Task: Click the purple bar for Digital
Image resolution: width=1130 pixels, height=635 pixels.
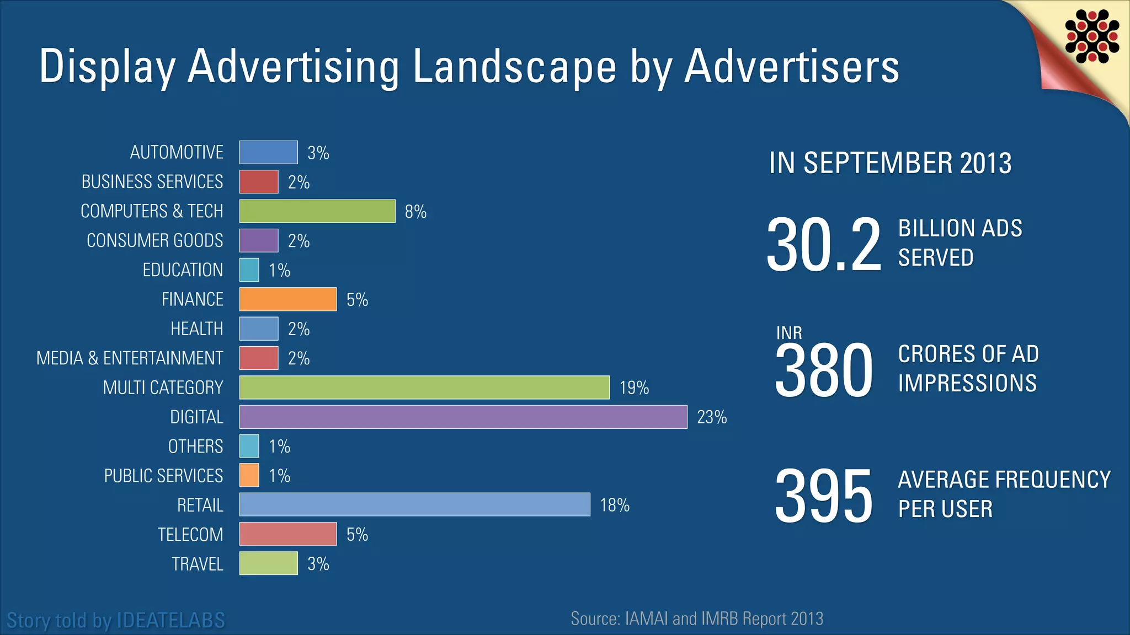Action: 463,417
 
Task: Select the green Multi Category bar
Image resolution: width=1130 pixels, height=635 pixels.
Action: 424,388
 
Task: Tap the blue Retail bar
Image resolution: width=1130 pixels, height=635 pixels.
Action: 415,505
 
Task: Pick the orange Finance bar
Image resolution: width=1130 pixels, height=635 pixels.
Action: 288,299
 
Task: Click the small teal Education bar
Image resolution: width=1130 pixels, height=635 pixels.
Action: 249,270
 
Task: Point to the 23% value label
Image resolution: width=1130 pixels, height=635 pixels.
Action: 712,417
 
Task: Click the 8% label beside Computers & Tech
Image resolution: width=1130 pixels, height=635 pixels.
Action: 415,212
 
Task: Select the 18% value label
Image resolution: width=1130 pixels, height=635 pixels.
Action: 615,505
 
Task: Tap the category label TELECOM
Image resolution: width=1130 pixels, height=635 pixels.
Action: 190,535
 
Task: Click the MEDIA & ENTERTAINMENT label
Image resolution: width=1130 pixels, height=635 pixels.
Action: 130,358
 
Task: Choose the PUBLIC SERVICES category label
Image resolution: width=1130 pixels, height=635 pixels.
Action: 163,476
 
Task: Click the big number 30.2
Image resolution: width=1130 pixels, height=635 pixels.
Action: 824,244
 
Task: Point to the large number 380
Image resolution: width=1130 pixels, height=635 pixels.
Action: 824,370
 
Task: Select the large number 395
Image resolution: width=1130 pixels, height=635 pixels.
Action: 824,496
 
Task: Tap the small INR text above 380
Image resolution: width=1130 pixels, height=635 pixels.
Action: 789,333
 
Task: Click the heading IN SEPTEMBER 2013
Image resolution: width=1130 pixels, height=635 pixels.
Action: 890,163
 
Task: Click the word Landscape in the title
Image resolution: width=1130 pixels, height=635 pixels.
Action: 514,67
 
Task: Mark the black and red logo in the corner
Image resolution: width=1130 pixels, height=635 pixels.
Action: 1092,36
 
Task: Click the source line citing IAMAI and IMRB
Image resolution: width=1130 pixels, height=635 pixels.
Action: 697,618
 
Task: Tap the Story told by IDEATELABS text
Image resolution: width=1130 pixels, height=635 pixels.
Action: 116,620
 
